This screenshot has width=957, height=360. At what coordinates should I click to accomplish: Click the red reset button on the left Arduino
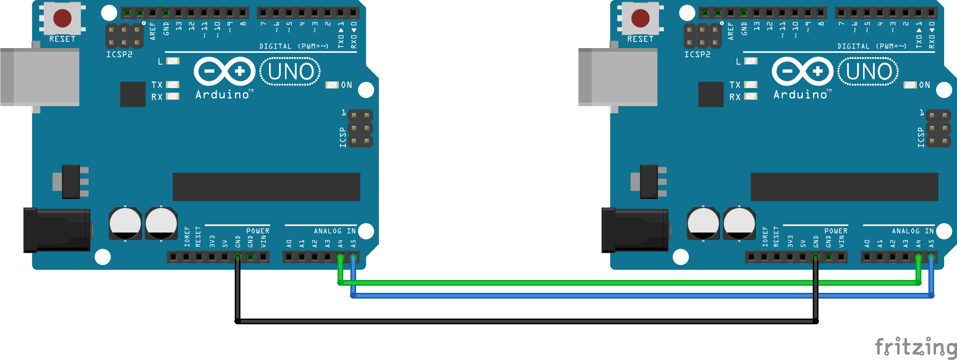click(62, 19)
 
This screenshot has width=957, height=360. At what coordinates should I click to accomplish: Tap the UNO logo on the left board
click(290, 72)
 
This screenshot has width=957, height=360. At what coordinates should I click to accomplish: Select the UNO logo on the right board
click(868, 72)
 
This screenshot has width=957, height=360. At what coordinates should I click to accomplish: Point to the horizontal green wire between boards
click(571, 283)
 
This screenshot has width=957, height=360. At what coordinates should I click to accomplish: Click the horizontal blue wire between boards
click(571, 296)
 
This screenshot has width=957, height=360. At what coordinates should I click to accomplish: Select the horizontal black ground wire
click(524, 321)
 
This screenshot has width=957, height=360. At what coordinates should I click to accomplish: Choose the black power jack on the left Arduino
click(57, 230)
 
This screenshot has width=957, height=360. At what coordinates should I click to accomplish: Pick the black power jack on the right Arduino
click(635, 230)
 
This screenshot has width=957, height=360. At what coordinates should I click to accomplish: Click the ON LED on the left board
click(332, 85)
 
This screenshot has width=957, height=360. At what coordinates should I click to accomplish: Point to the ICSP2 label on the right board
click(697, 54)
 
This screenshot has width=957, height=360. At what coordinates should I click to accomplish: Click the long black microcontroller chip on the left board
click(266, 187)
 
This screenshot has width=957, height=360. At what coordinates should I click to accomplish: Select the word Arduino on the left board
click(222, 94)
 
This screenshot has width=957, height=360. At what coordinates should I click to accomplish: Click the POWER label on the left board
click(258, 231)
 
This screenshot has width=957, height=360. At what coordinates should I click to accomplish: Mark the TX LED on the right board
click(751, 85)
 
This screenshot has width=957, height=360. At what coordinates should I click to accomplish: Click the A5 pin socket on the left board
click(353, 258)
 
